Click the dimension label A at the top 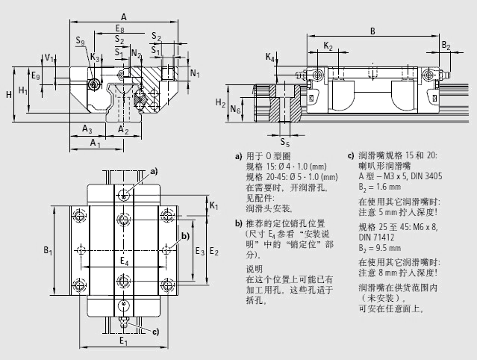coord(123,16)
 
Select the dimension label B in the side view coord(372,30)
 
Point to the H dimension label coord(7,94)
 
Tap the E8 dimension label coord(120,28)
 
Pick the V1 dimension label coord(49,57)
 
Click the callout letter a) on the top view coord(155,171)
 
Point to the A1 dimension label coord(94,142)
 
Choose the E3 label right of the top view coord(199,251)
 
